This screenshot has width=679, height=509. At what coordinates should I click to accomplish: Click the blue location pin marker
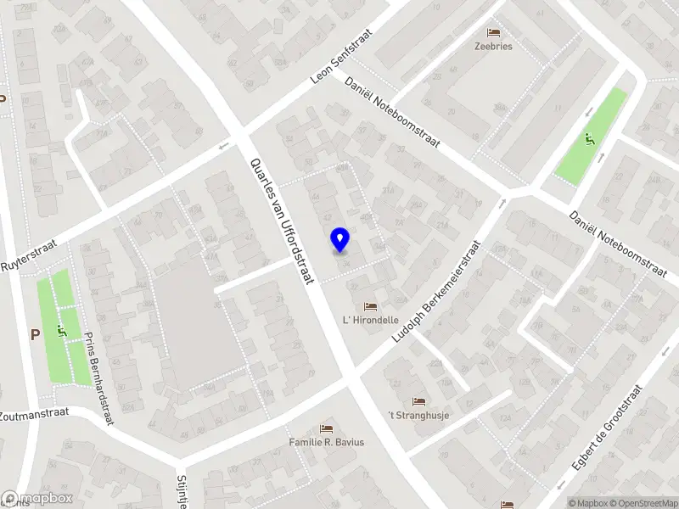point(340,240)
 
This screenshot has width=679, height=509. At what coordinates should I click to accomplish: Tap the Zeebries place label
point(493,47)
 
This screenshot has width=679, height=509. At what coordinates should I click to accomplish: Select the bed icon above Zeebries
point(493,31)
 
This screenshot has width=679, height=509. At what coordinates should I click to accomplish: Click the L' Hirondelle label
point(370,321)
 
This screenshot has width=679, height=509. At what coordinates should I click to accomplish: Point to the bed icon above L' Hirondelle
point(370,306)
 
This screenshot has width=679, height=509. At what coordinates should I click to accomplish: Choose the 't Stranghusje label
point(418,415)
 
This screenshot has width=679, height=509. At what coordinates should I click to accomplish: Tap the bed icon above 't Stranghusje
point(418,400)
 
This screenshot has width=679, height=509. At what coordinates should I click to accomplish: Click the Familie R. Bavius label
point(327,442)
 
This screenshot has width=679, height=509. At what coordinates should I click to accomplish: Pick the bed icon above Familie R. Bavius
point(327,428)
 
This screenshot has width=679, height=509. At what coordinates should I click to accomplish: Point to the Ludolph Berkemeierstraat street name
point(436,292)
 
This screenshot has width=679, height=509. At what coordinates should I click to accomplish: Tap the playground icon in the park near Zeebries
point(589,139)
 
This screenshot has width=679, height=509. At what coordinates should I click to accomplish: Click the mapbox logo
point(36,499)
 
